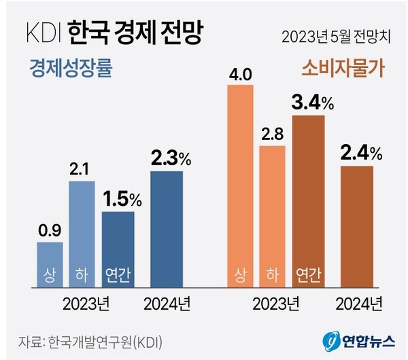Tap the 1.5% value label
pyautogui.click(x=122, y=200)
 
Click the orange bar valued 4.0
pyautogui.click(x=240, y=183)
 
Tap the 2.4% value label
pyautogui.click(x=360, y=153)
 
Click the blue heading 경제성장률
pyautogui.click(x=70, y=69)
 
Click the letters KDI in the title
pyautogui.click(x=44, y=33)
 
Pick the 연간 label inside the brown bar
pyautogui.click(x=309, y=275)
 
